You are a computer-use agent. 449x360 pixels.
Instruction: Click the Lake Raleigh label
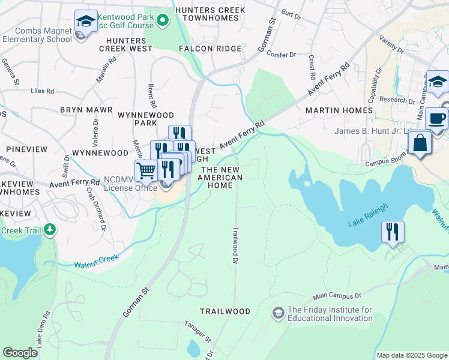(367, 215)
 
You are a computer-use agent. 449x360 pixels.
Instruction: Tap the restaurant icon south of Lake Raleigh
(393, 232)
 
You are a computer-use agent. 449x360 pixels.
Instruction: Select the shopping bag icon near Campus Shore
(420, 143)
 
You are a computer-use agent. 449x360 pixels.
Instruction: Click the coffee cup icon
(437, 118)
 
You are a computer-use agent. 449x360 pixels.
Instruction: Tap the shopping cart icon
(146, 171)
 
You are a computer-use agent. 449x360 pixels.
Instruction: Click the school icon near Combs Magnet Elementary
(86, 22)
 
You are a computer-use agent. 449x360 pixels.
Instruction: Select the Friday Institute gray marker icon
(278, 313)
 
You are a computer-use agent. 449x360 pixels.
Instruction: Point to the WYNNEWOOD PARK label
(146, 119)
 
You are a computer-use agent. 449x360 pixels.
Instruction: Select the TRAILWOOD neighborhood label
(225, 311)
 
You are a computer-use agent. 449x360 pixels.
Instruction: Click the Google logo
(20, 353)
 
